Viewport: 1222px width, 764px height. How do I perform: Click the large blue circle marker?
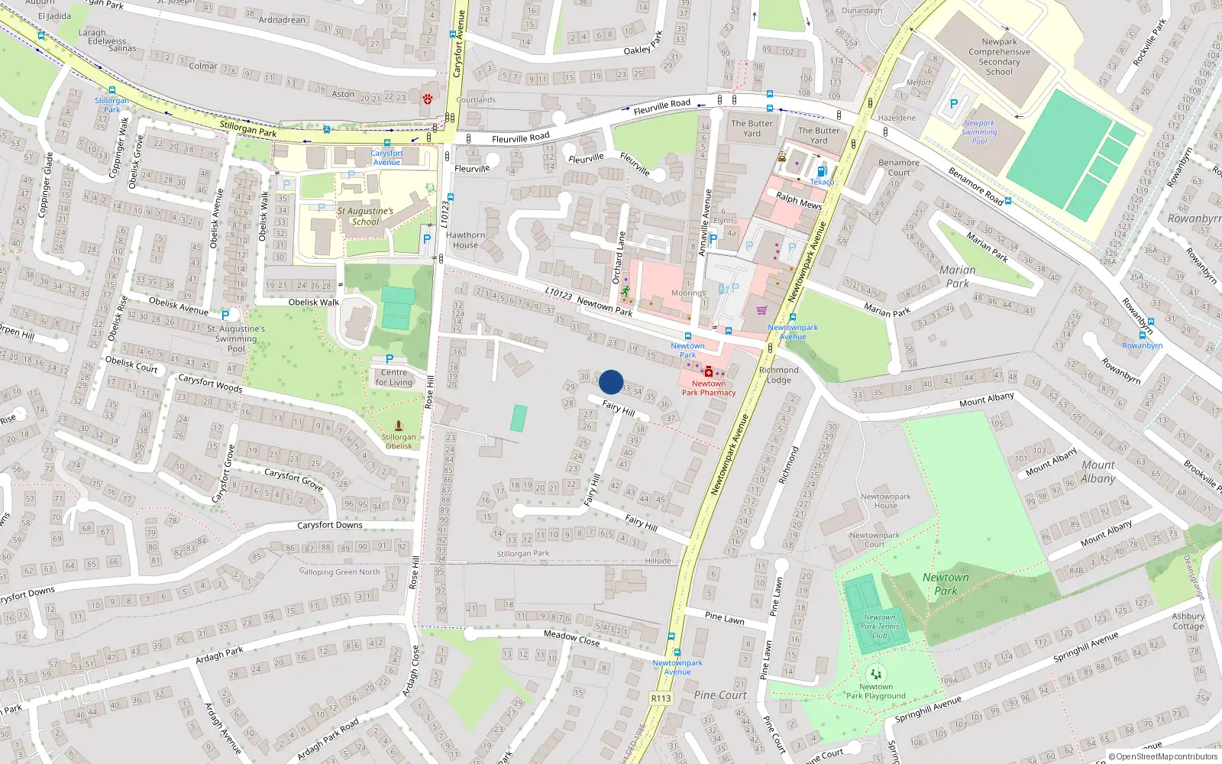click(x=611, y=382)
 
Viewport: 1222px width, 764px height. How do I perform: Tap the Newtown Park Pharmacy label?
click(x=709, y=388)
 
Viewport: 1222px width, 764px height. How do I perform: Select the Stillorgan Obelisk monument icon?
click(x=398, y=426)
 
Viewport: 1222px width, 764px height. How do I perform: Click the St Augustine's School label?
click(x=365, y=216)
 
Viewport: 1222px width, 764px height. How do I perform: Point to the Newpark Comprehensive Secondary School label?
click(x=999, y=57)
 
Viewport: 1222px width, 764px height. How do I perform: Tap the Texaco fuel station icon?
click(x=822, y=172)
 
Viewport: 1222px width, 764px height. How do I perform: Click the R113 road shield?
click(x=661, y=698)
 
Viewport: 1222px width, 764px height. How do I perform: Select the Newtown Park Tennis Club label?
click(x=880, y=626)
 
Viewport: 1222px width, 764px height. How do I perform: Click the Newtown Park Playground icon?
click(x=875, y=674)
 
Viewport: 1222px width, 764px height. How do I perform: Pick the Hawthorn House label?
click(x=465, y=240)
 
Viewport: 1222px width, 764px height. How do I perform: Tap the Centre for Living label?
click(x=394, y=377)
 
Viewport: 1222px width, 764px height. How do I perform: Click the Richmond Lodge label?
click(x=778, y=374)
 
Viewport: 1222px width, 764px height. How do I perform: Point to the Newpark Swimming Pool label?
click(x=979, y=132)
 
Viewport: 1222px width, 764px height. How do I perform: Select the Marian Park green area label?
click(x=957, y=276)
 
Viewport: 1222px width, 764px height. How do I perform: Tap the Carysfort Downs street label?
click(x=329, y=525)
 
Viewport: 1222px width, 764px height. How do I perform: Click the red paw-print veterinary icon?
click(x=428, y=99)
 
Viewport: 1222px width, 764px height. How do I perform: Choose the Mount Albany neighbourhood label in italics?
click(x=1098, y=471)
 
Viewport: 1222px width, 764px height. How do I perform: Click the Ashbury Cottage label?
click(x=1188, y=620)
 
